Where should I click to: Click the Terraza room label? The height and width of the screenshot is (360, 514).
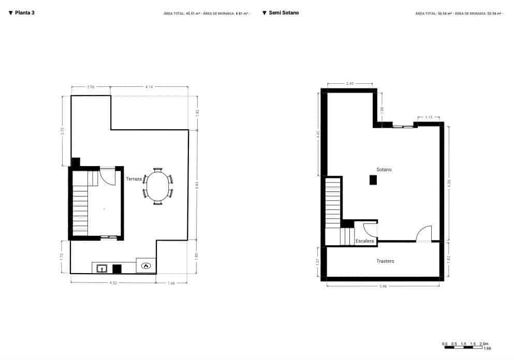134,179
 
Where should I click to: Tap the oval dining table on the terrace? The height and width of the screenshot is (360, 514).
157,186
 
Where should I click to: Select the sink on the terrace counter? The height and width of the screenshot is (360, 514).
102,268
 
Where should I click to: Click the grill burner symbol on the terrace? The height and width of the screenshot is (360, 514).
146,266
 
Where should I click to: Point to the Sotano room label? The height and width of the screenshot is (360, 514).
384,170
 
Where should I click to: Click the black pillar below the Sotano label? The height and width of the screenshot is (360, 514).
373,179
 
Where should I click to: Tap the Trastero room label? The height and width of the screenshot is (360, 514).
385,261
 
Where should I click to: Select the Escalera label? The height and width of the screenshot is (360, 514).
365,241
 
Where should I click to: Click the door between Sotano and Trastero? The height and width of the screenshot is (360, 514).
424,234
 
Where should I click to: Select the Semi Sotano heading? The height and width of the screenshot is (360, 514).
284,13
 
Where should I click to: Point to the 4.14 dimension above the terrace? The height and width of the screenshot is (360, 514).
149,87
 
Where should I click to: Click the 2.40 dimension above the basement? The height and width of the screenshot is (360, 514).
349,83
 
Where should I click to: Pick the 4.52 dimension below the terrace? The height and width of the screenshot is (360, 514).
113,283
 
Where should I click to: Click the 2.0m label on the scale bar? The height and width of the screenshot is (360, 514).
483,344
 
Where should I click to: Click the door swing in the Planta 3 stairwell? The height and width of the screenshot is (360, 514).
107,176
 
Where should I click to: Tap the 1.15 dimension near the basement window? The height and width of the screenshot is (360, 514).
429,117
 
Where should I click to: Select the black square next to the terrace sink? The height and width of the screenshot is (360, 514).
117,268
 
